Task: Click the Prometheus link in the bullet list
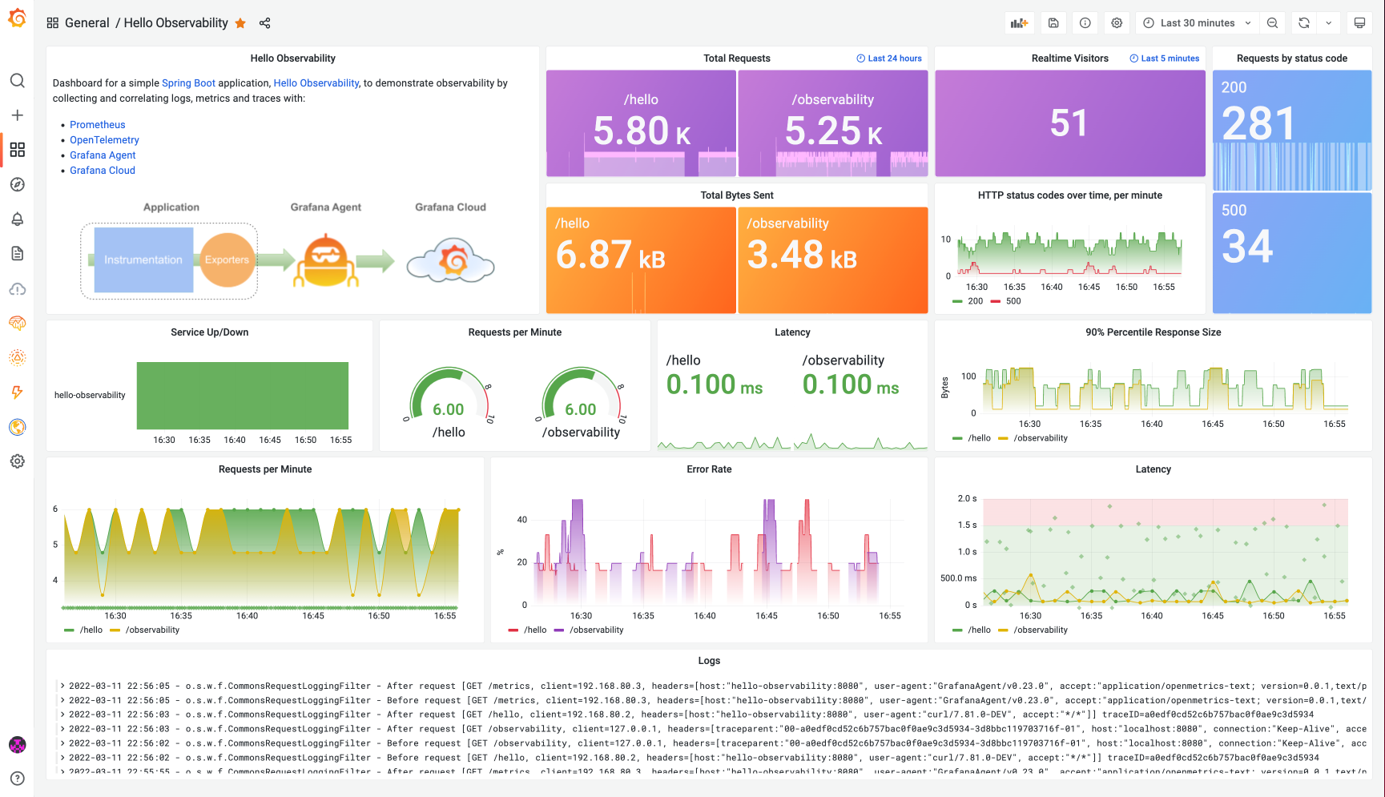97,124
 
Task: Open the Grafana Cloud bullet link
102,170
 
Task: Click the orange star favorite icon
240,23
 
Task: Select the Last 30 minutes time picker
1197,23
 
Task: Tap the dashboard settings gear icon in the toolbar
1117,23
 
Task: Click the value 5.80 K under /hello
641,131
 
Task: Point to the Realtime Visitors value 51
1069,123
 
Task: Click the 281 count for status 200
1258,124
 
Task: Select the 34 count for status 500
1247,247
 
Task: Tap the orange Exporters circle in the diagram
227,260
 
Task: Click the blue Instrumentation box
143,260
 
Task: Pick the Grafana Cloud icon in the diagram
451,261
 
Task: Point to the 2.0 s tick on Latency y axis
967,498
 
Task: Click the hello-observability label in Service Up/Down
90,395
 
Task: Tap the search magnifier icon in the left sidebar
17,81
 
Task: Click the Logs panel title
709,661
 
